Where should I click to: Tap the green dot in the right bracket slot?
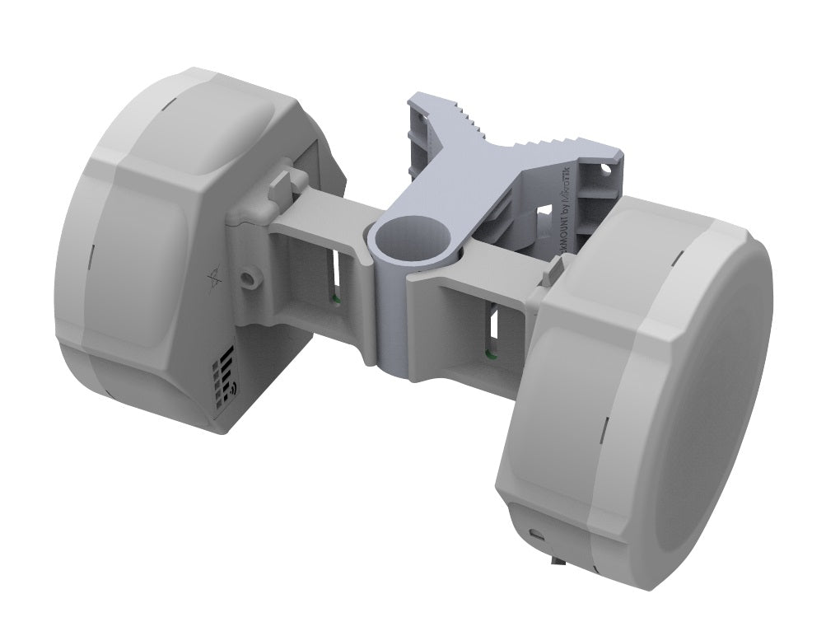point(490,355)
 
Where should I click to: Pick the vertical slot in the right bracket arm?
point(492,330)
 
